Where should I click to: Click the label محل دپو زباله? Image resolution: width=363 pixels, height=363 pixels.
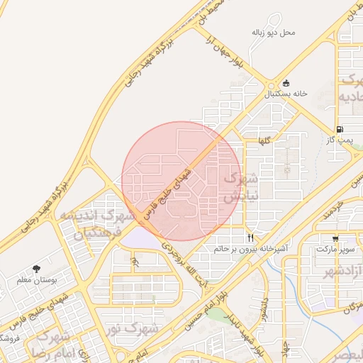273,33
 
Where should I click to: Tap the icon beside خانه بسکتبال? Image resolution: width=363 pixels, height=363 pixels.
286,82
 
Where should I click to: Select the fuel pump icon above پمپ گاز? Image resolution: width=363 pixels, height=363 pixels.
340,129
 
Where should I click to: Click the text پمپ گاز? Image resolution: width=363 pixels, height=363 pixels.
340,140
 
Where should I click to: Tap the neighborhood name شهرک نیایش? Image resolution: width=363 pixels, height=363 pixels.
233,188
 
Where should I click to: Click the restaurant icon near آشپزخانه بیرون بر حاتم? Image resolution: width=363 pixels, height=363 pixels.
250,237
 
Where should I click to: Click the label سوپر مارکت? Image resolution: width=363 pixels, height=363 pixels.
335,250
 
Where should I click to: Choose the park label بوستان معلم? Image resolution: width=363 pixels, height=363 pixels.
36,280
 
